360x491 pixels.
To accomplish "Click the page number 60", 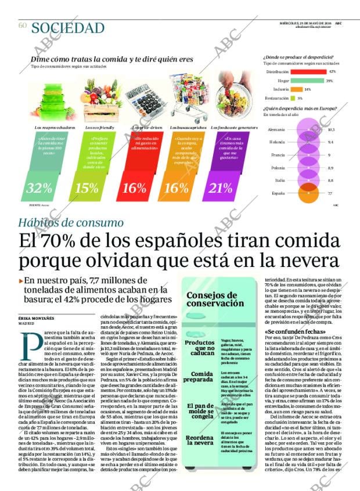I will click(x=23, y=26).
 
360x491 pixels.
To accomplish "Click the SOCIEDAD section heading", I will click(x=68, y=28).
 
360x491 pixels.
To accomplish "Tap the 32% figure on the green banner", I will click(x=39, y=187).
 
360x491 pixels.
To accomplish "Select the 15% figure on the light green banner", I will click(x=87, y=187).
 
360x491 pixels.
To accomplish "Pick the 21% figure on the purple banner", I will click(x=220, y=187).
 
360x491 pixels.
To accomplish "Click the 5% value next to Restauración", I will click(x=300, y=98).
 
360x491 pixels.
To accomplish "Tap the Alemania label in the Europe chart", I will click(x=277, y=129).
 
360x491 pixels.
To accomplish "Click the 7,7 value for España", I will click(x=330, y=193).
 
